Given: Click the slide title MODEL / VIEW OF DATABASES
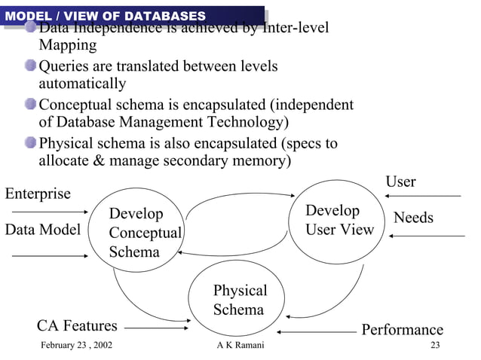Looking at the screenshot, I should click(x=105, y=16).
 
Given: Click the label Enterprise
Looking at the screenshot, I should click(x=38, y=194).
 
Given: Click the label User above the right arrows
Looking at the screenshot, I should click(x=400, y=182).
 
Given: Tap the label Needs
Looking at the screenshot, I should click(x=413, y=218).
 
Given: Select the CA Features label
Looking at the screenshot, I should click(x=77, y=325).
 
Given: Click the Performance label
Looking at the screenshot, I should click(x=402, y=330).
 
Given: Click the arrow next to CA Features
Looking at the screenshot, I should click(x=157, y=327).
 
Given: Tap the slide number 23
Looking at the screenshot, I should click(x=434, y=346).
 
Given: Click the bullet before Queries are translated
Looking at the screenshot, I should click(x=30, y=66).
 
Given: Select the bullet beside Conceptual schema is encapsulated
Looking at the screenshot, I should click(x=30, y=105).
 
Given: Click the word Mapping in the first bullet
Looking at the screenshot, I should click(x=67, y=45).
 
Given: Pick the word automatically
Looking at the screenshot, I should click(x=81, y=84).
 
